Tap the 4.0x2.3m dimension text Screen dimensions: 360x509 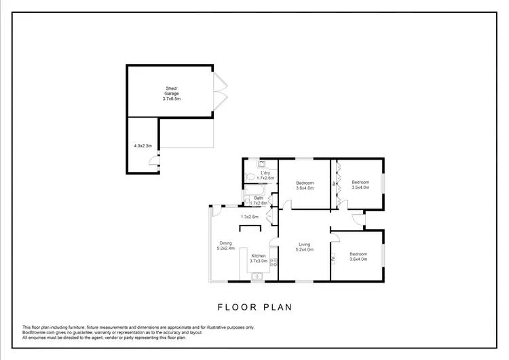143,145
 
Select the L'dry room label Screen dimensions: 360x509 265,174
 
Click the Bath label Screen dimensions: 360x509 259,198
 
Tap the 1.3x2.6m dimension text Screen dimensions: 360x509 250,217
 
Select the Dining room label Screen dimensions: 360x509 225,243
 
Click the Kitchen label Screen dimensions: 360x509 258,255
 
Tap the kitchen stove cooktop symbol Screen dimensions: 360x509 274,262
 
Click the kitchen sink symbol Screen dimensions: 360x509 257,275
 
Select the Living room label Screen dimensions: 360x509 305,244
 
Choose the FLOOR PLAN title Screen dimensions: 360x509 254,307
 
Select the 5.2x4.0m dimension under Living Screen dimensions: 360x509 305,249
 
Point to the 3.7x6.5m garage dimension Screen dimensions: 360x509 172,99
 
